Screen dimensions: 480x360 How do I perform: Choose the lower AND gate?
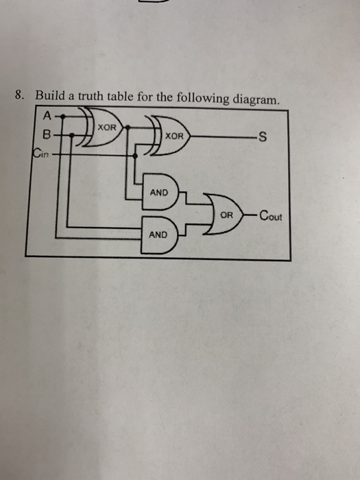click(x=159, y=234)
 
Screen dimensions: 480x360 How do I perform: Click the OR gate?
click(x=227, y=215)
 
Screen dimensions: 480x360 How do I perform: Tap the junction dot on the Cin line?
click(x=134, y=155)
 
